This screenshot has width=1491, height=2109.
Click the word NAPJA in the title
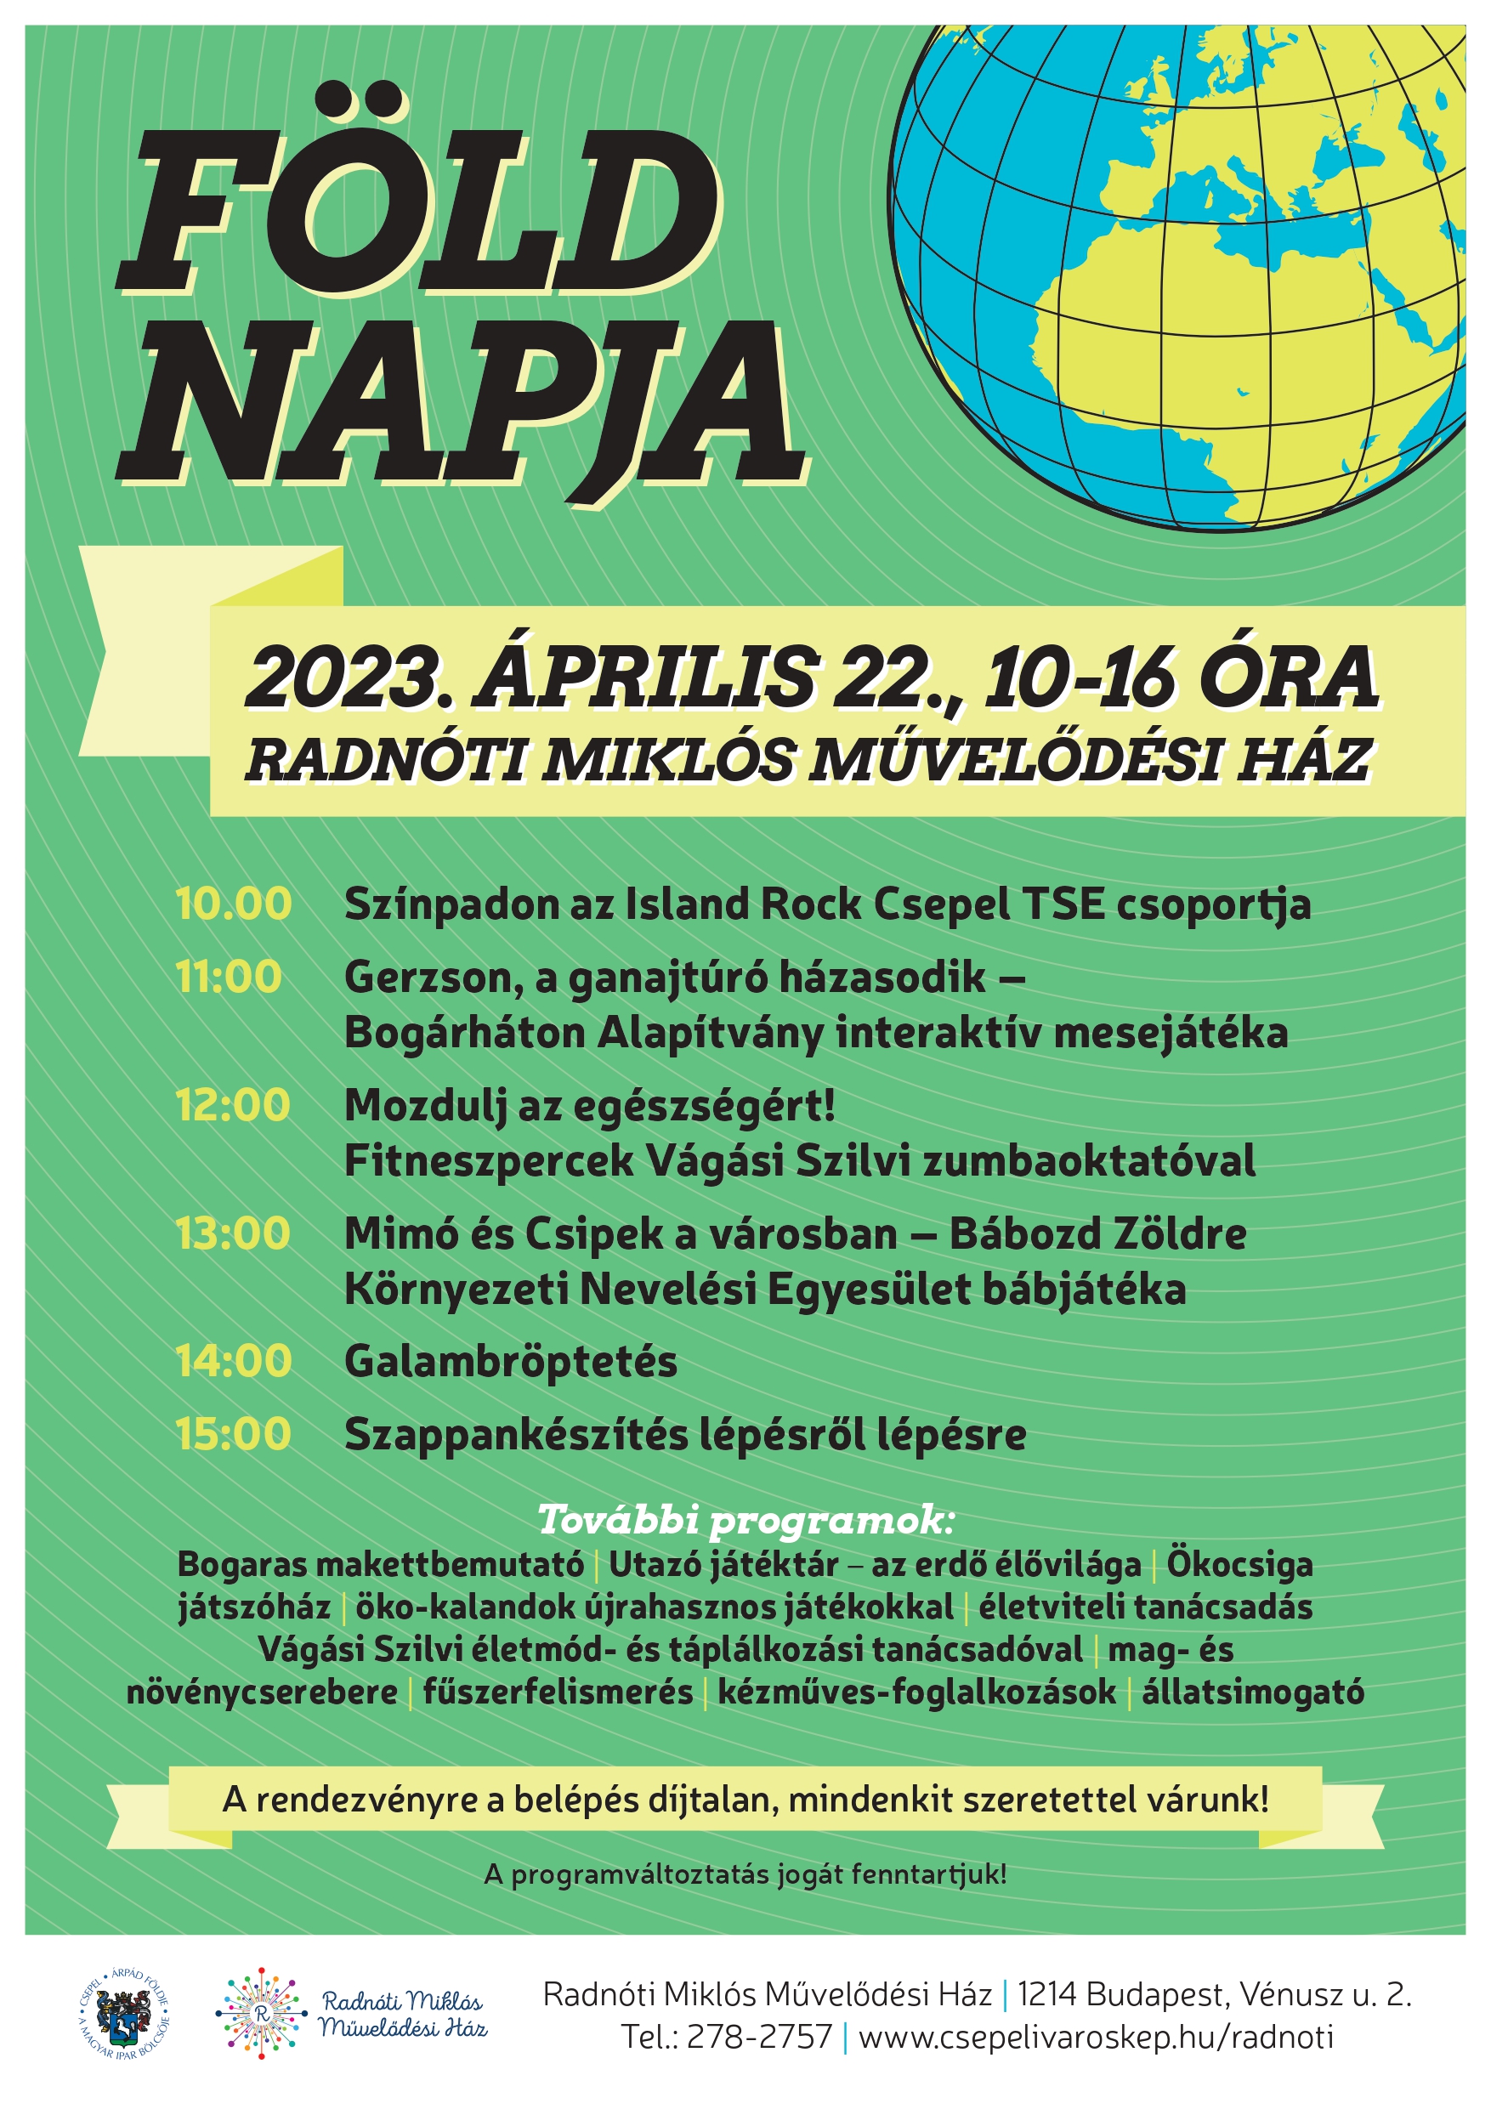(x=459, y=404)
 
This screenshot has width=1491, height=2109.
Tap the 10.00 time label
(x=234, y=904)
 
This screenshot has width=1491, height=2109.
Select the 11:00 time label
(x=229, y=977)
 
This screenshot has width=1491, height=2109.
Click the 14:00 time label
(x=234, y=1361)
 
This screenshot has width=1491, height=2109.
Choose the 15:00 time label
(x=234, y=1435)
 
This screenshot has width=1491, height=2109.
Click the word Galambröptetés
(x=511, y=1361)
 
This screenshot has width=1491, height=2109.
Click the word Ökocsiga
(x=1239, y=1564)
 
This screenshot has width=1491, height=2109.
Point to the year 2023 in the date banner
(x=343, y=677)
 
